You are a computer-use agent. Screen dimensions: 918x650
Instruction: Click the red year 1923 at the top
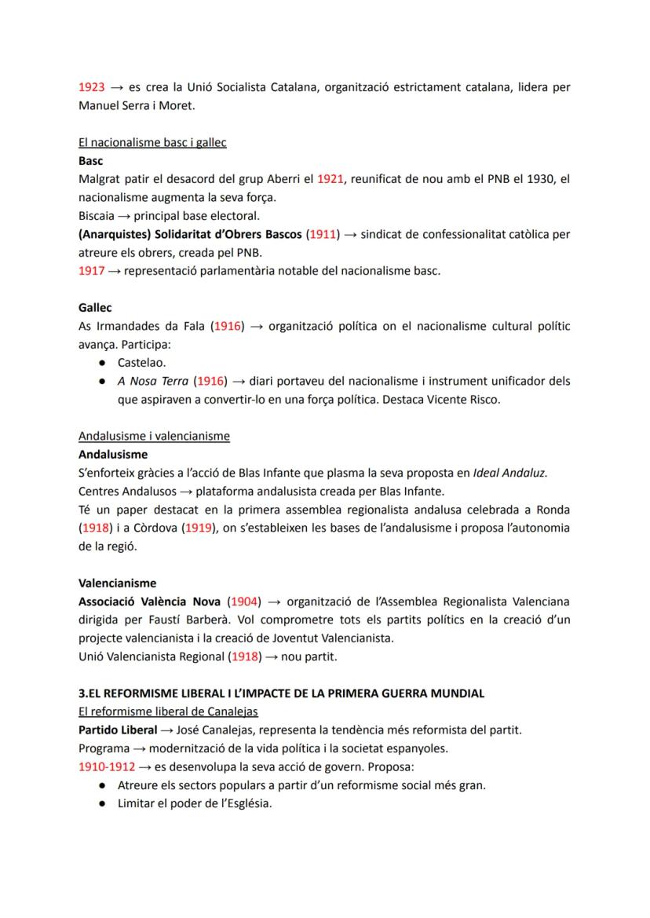tap(91, 87)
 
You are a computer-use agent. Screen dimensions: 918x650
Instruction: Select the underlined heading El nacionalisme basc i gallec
tap(152, 142)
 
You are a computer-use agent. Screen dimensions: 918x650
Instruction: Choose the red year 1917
tap(91, 271)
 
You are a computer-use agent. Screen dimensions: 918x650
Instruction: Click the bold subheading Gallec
tap(95, 308)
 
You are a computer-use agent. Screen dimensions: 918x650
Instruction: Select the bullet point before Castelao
tap(102, 363)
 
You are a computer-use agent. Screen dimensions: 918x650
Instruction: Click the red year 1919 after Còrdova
tap(199, 528)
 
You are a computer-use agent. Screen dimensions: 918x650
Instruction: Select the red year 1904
tap(243, 602)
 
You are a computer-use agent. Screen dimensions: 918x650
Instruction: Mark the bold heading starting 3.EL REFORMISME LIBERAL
tap(281, 693)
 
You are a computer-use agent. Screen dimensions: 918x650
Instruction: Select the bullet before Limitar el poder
tap(102, 803)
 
